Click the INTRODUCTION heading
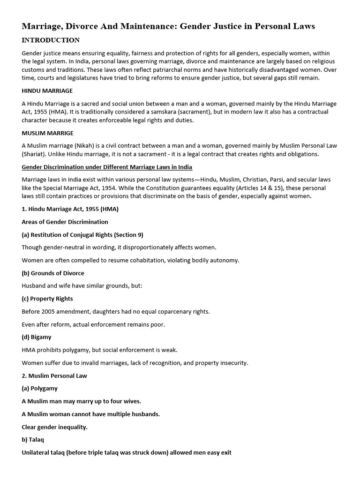coord(51,40)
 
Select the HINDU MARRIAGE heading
coord(47,90)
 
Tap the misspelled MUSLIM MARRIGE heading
coord(47,133)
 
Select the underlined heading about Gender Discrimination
coord(107,167)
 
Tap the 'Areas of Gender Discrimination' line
coord(65,222)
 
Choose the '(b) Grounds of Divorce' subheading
coord(53,273)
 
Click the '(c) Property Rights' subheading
coord(47,299)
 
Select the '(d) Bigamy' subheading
coord(37,337)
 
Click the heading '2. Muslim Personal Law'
coord(54,375)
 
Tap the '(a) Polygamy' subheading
coord(40,388)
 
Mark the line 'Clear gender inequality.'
coord(55,427)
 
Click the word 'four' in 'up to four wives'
coord(117,401)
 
